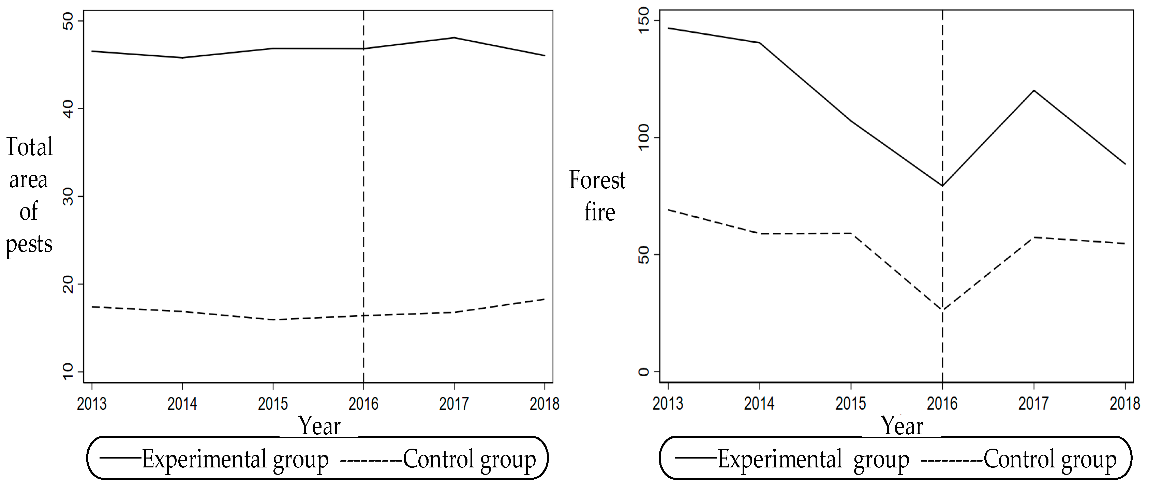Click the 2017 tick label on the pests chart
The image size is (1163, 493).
tap(454, 404)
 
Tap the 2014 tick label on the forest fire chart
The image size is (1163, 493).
tap(759, 404)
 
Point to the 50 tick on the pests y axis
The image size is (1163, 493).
tap(68, 21)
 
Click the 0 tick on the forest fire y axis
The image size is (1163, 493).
tap(644, 372)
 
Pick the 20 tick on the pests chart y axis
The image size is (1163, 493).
tap(68, 284)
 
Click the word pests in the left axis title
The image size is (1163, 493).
tap(29, 245)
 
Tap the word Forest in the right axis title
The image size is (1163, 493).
tap(597, 180)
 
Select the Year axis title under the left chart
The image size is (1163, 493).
tap(319, 426)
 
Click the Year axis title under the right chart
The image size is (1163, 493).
tap(902, 426)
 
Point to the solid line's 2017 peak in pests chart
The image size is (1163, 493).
tap(454, 38)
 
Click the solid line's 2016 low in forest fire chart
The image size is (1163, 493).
tap(942, 186)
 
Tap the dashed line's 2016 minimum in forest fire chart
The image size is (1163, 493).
tap(942, 310)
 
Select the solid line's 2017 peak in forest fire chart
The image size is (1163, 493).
tap(1033, 90)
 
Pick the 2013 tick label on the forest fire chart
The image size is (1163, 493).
tap(668, 404)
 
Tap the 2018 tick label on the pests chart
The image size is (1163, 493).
tap(544, 404)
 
